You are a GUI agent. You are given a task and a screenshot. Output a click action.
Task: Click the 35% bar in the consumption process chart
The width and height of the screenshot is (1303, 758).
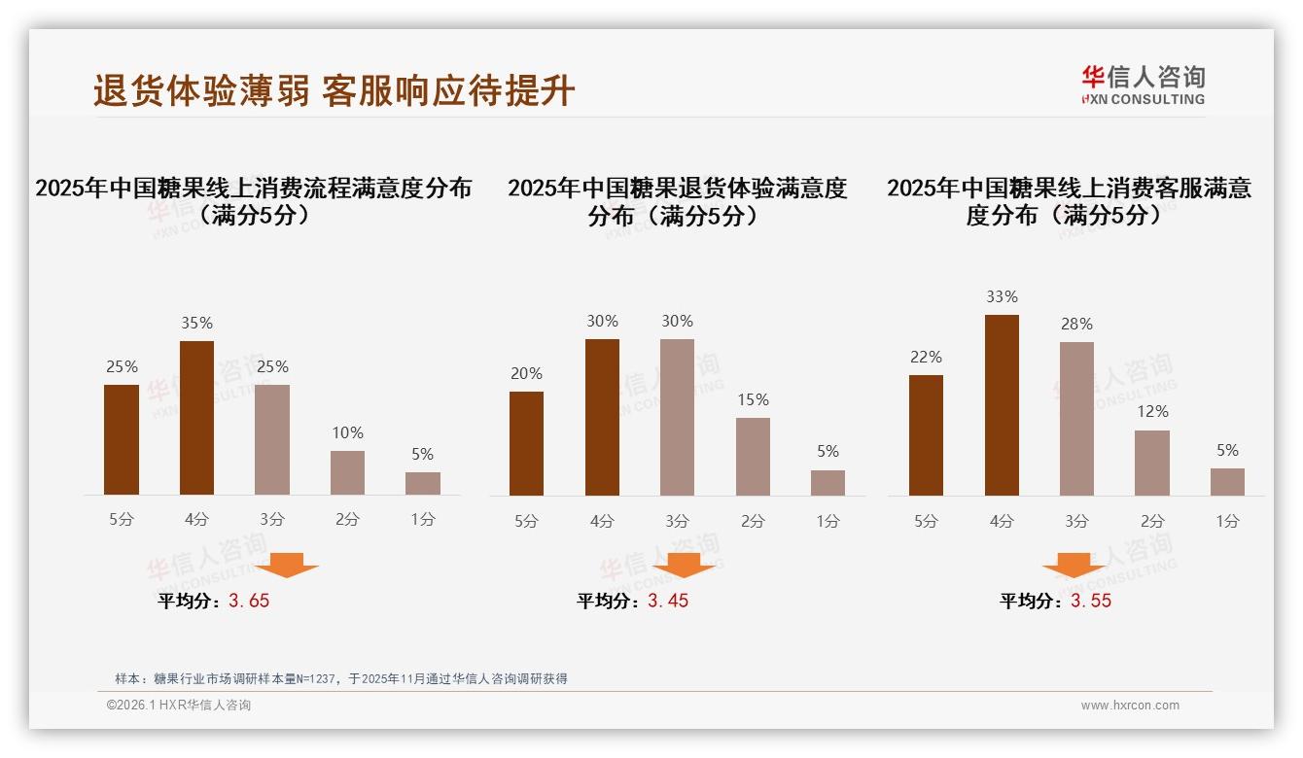(x=196, y=418)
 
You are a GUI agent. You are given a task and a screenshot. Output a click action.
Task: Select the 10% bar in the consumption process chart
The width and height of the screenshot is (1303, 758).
(x=347, y=472)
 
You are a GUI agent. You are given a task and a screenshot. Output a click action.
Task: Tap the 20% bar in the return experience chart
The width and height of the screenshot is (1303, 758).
(x=526, y=443)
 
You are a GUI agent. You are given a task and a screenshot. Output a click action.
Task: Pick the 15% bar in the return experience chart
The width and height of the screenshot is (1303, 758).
(x=753, y=457)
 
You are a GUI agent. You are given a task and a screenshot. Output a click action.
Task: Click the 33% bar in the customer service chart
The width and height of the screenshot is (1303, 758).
(x=1002, y=405)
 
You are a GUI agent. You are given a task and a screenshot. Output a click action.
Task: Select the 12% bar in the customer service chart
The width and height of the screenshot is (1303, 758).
(x=1152, y=463)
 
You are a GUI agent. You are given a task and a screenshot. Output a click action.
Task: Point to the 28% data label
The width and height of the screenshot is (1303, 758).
(x=1076, y=324)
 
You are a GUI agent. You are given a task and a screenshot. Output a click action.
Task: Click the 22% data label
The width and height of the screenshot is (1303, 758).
(x=926, y=357)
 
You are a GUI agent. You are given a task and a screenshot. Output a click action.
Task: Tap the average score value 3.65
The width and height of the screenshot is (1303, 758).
(x=249, y=601)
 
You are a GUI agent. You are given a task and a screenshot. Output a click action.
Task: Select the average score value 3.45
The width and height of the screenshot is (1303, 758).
(x=668, y=601)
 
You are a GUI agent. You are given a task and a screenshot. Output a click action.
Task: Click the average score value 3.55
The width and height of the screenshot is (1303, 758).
(x=1091, y=601)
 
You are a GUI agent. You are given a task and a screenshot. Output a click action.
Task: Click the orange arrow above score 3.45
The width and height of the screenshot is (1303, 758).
(x=684, y=565)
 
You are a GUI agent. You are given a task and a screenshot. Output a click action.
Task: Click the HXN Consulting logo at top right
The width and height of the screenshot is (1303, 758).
(x=1143, y=85)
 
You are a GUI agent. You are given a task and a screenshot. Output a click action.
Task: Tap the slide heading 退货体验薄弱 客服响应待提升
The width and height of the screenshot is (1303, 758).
(x=335, y=91)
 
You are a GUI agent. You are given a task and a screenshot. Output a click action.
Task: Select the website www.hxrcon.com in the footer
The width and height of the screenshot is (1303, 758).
(x=1130, y=706)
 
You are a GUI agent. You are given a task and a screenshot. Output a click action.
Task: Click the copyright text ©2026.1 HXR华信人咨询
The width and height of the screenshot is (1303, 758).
(x=179, y=706)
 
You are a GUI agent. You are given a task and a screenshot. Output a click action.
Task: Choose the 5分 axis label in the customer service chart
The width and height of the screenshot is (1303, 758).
(x=926, y=521)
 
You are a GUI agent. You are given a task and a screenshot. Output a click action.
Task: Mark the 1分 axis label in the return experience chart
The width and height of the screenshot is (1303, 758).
(x=828, y=521)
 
